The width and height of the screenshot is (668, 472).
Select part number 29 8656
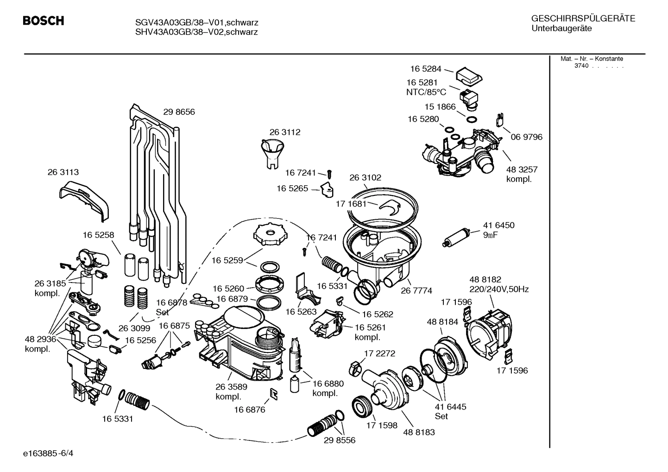click(x=179, y=112)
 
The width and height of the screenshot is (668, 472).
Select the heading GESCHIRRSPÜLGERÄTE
click(x=583, y=19)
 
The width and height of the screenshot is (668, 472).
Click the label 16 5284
click(x=425, y=69)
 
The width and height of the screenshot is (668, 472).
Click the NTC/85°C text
click(x=426, y=92)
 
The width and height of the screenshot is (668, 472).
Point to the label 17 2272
click(x=379, y=353)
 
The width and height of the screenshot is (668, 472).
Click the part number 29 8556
click(x=340, y=440)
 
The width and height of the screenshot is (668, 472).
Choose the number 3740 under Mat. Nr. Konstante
click(x=581, y=66)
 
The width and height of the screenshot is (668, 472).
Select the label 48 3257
click(x=522, y=170)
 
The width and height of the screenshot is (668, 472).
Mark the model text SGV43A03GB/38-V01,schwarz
click(x=196, y=23)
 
